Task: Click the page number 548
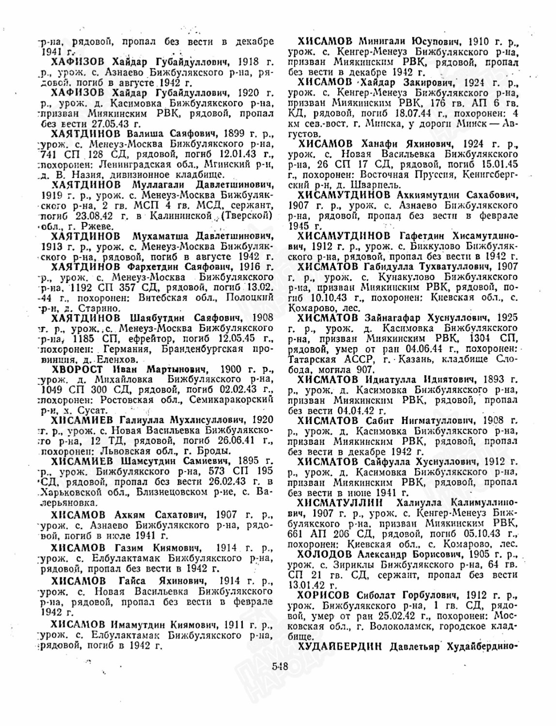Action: [280, 665]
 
